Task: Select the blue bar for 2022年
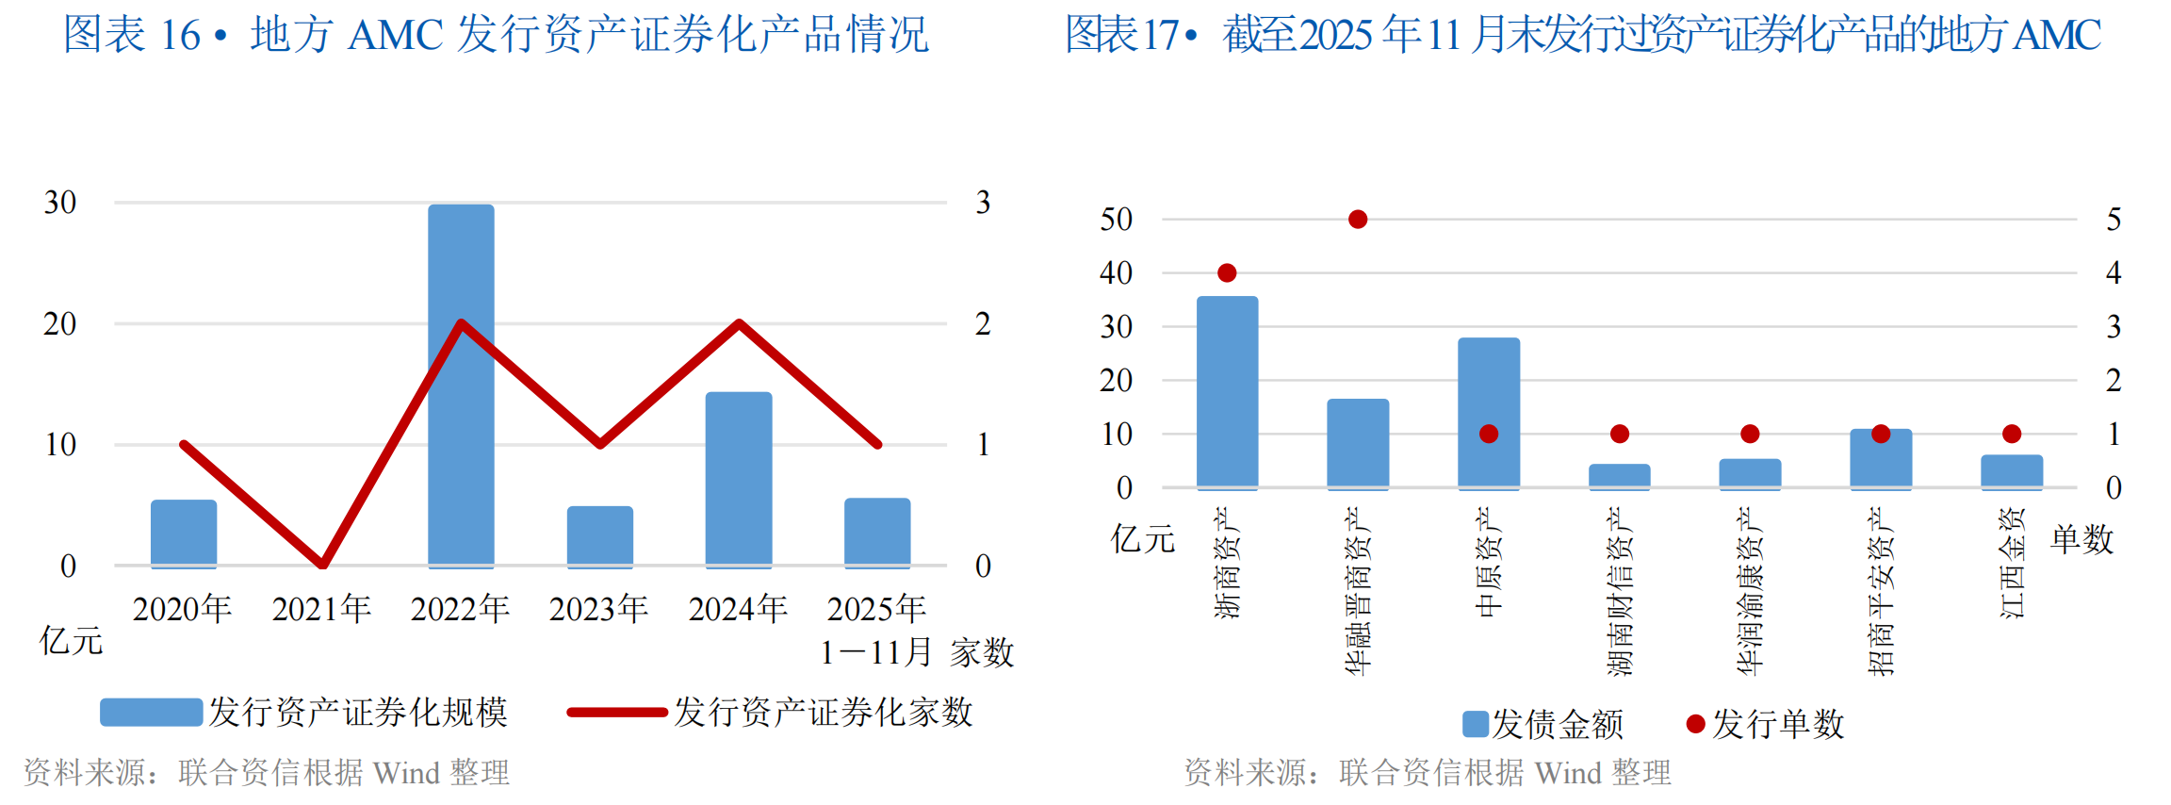click(461, 386)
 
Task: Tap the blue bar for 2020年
click(184, 533)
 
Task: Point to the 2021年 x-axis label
click(321, 609)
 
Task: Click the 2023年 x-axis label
click(599, 609)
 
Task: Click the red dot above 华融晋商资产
click(1358, 220)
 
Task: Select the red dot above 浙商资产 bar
click(1227, 273)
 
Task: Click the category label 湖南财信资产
click(1619, 591)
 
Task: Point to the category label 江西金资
click(2012, 563)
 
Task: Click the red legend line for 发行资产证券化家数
click(617, 713)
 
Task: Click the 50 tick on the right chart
click(1117, 220)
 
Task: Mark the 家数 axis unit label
click(982, 652)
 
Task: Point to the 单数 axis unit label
click(2082, 539)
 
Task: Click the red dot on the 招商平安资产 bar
click(1881, 434)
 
